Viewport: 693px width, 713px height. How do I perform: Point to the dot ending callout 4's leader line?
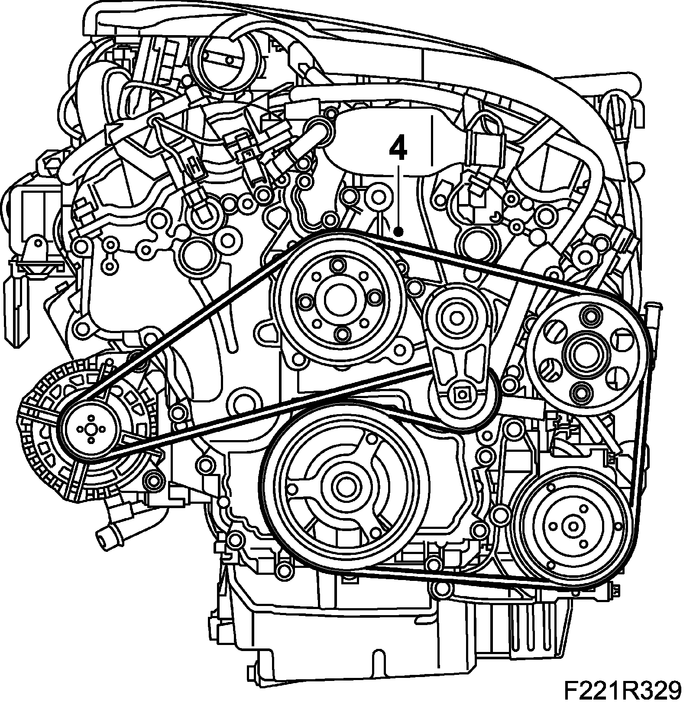(x=400, y=233)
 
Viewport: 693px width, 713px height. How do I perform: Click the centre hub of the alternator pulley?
(x=91, y=429)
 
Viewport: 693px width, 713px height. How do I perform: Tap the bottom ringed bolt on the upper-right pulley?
(x=579, y=393)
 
